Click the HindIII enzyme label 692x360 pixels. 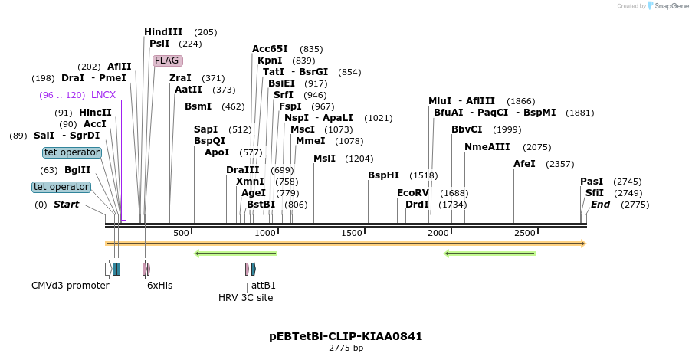[163, 32]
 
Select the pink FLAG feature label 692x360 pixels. [167, 61]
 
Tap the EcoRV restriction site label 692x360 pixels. [412, 193]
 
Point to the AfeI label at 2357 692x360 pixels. [524, 164]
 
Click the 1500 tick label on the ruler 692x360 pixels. [351, 233]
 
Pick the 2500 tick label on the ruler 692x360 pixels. [524, 233]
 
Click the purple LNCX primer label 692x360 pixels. [103, 95]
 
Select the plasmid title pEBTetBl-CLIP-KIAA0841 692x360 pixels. [346, 336]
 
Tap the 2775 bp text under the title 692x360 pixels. [346, 349]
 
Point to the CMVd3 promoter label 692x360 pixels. [71, 286]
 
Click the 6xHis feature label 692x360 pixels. [159, 286]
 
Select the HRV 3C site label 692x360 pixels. [245, 297]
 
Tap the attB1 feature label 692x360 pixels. [264, 286]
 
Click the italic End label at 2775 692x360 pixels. [600, 205]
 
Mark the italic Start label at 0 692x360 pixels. [66, 205]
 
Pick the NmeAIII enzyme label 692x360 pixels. [487, 147]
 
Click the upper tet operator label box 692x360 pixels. [72, 152]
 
